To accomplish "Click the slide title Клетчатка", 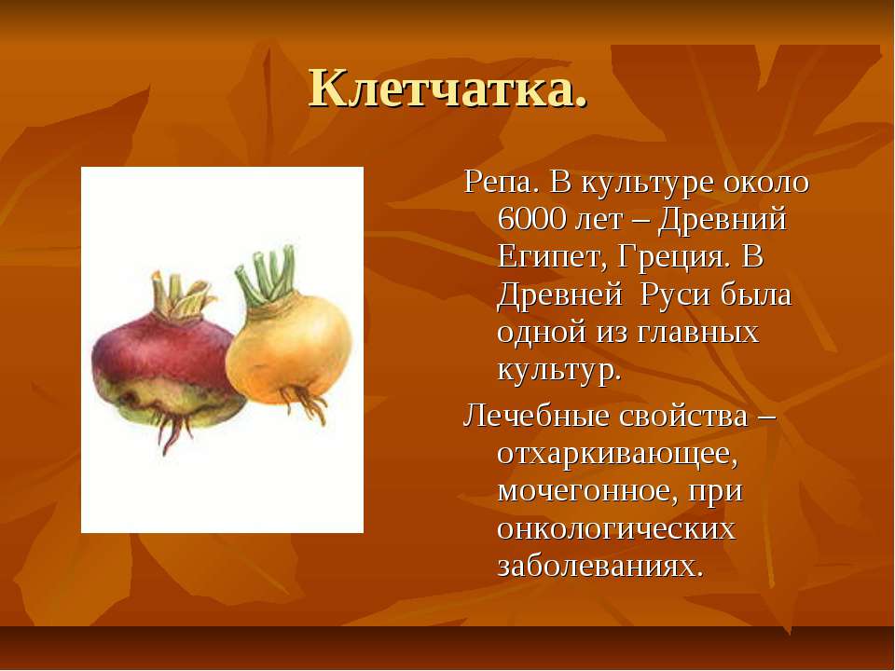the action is pyautogui.click(x=448, y=89).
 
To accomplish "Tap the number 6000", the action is pyautogui.click(x=530, y=219).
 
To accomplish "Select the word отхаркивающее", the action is pyautogui.click(x=617, y=455).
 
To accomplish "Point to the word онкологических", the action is pyautogui.click(x=616, y=529).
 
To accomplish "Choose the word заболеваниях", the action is pyautogui.click(x=600, y=567).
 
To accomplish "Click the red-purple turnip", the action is pyautogui.click(x=166, y=365).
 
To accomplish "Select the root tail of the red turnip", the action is pyautogui.click(x=172, y=431).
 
